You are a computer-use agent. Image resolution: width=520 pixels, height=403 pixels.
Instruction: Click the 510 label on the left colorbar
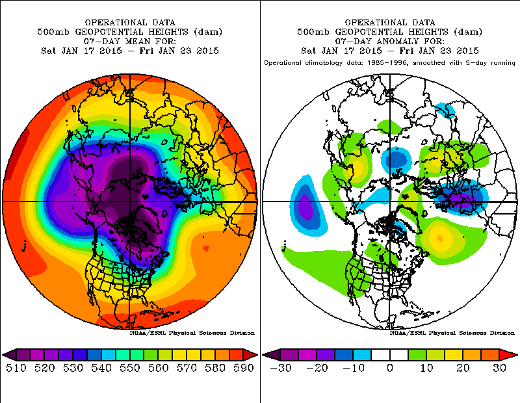[x=16, y=368]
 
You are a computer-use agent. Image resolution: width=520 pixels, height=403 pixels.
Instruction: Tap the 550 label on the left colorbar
[x=129, y=368]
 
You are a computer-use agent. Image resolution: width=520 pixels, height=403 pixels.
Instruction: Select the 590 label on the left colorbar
[x=243, y=368]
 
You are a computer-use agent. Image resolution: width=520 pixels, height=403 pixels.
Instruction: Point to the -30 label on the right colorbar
[x=281, y=368]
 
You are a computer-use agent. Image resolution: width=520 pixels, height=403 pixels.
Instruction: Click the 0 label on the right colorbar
[x=390, y=368]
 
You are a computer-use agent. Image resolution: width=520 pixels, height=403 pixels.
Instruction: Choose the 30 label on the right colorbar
[x=499, y=368]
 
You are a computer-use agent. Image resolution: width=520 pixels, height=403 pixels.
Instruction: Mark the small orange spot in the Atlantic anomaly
[x=440, y=238]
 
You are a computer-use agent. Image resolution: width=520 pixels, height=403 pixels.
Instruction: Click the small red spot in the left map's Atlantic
[x=205, y=248]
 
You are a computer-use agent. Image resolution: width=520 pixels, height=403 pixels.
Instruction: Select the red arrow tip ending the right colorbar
[x=512, y=354]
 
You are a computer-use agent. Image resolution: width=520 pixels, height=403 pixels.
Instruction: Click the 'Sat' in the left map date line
[x=48, y=51]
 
